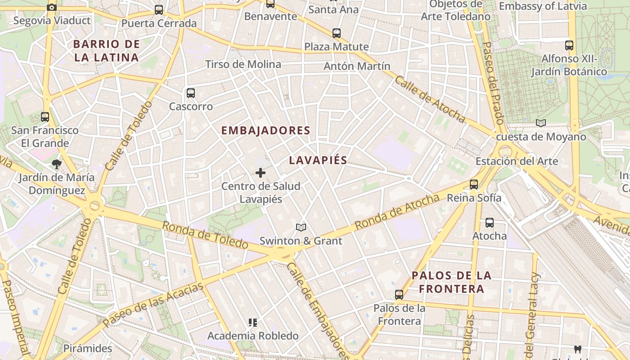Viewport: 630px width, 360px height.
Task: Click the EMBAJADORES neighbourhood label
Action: [x=266, y=130]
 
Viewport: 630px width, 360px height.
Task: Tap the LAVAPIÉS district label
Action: [x=318, y=160]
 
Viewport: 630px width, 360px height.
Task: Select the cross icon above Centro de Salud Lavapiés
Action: [x=260, y=173]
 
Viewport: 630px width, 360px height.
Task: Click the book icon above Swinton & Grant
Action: [x=301, y=228]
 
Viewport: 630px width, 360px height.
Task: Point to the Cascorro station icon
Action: [x=191, y=93]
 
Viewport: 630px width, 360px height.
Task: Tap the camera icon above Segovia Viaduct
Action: [x=52, y=7]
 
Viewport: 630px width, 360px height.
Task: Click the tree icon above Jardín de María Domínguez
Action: [x=56, y=164]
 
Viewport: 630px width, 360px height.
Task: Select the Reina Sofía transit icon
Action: [x=473, y=184]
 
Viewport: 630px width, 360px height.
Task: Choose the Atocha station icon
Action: [x=489, y=223]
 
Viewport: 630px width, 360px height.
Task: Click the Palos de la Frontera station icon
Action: [x=399, y=295]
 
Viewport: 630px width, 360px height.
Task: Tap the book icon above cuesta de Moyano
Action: [x=541, y=123]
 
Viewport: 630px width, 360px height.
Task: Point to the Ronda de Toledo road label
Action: [x=205, y=235]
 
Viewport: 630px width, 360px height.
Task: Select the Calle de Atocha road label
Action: [x=430, y=99]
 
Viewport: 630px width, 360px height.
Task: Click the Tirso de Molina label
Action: [x=243, y=64]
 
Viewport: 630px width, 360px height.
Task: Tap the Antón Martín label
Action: [x=357, y=66]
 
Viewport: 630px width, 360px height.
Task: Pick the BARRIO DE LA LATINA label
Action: [x=106, y=51]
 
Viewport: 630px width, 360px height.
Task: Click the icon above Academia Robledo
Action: [x=252, y=323]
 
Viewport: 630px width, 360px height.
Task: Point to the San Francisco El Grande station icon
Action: [x=45, y=117]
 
